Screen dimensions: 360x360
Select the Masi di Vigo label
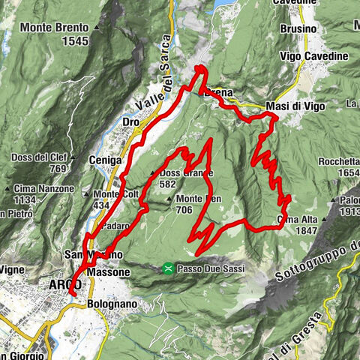[x=294, y=106]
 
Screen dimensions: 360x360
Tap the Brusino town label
[x=300, y=28]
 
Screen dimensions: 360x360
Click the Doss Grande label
[x=187, y=173]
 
